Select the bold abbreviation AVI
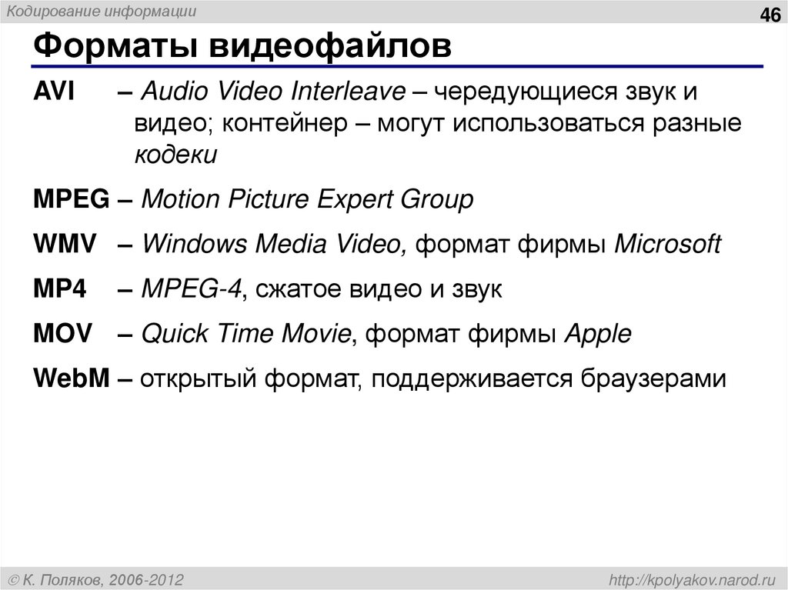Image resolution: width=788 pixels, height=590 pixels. pyautogui.click(x=54, y=92)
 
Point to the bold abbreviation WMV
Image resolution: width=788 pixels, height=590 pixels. pyautogui.click(x=65, y=245)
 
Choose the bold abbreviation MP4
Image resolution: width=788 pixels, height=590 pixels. pyautogui.click(x=60, y=289)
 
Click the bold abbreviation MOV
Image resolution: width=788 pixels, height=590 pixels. pyautogui.click(x=63, y=334)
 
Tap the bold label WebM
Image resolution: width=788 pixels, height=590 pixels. pyautogui.click(x=72, y=378)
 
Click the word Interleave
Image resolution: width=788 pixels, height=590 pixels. pyautogui.click(x=347, y=92)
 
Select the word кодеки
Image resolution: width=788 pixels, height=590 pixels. pyautogui.click(x=176, y=155)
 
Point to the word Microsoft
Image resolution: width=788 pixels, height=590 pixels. pyautogui.click(x=667, y=245)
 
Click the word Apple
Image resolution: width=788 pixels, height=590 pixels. pyautogui.click(x=598, y=334)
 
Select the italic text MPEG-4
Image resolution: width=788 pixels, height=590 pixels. pyautogui.click(x=192, y=289)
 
